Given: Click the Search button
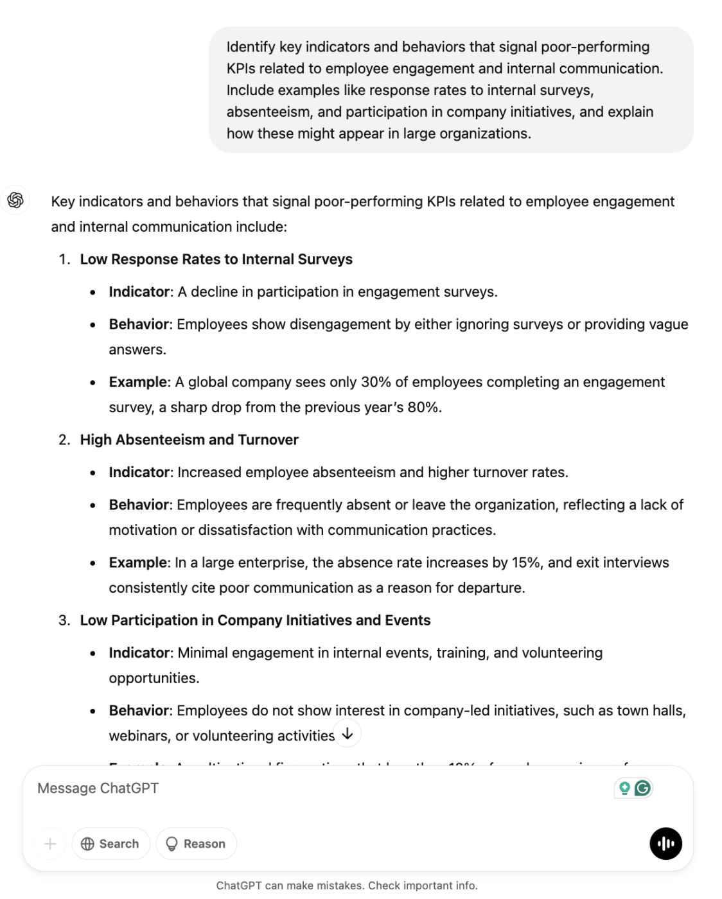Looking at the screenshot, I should click(x=110, y=844).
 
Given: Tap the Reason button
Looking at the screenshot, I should click(x=196, y=844).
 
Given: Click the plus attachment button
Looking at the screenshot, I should click(x=50, y=844).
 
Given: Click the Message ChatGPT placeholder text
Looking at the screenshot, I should click(x=98, y=788).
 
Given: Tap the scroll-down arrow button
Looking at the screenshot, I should click(x=348, y=733).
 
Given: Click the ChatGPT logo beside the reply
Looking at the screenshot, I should click(x=15, y=200).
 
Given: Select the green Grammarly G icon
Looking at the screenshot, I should click(x=642, y=788).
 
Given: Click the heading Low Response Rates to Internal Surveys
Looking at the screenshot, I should click(x=216, y=259).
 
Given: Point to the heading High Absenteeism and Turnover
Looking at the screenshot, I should click(x=189, y=440).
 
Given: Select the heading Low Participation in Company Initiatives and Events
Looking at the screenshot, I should click(x=255, y=620).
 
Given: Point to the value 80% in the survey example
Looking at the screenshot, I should click(x=423, y=408).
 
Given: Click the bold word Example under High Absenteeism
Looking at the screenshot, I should click(x=138, y=563).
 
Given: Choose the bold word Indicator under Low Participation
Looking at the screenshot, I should click(x=140, y=653).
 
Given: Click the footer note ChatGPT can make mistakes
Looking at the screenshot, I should click(x=347, y=886).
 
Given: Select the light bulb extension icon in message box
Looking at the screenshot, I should click(x=624, y=788).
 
